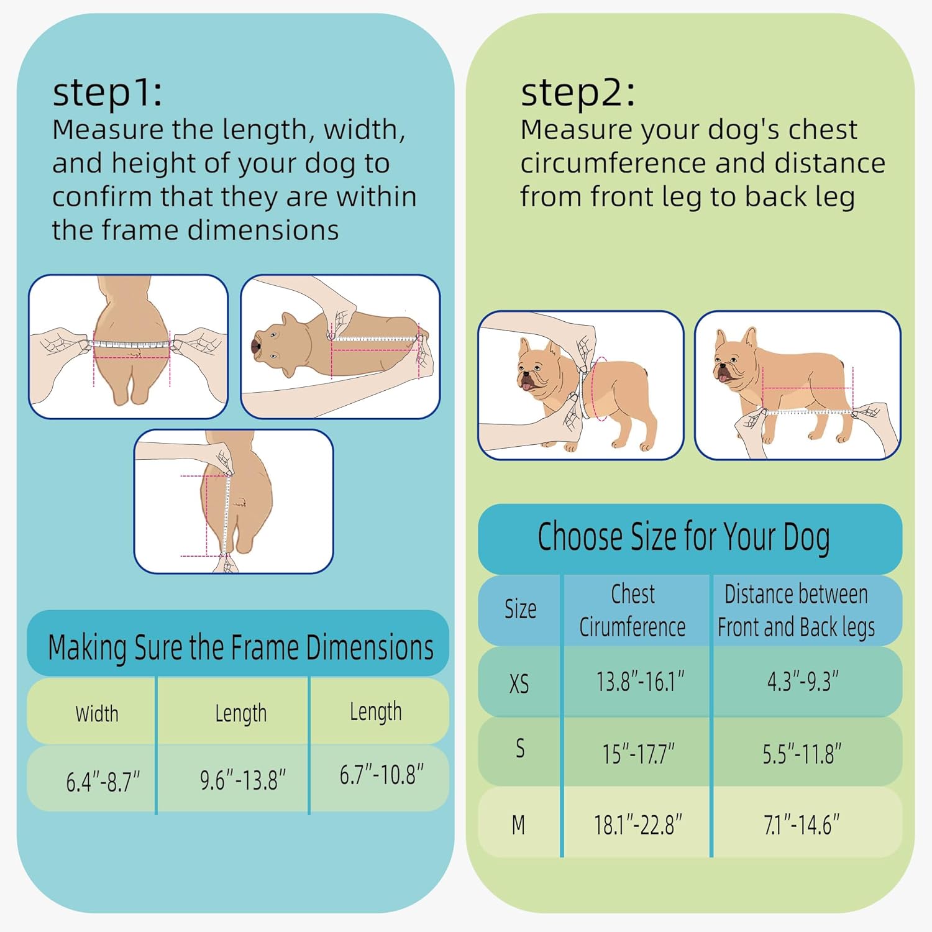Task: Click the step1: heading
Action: pos(107,93)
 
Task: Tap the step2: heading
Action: pos(578,93)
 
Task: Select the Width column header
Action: pos(97,713)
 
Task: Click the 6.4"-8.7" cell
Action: pos(103,781)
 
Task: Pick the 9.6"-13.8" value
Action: pos(243,780)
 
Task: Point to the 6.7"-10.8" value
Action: pos(381,774)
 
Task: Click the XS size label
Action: pos(519,684)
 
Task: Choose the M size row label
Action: pos(518,825)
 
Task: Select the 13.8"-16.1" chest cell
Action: pos(640,682)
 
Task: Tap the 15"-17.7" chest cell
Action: pos(638,754)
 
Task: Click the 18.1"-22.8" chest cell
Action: pos(637,825)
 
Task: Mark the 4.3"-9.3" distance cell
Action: pos(803,681)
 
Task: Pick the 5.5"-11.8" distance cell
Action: pos(802,754)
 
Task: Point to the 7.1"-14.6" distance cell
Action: pos(802,825)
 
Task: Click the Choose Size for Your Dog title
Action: pos(683,537)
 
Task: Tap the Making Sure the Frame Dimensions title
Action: pos(240,647)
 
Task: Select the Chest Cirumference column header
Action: pos(633,610)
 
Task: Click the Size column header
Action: pos(520,609)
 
